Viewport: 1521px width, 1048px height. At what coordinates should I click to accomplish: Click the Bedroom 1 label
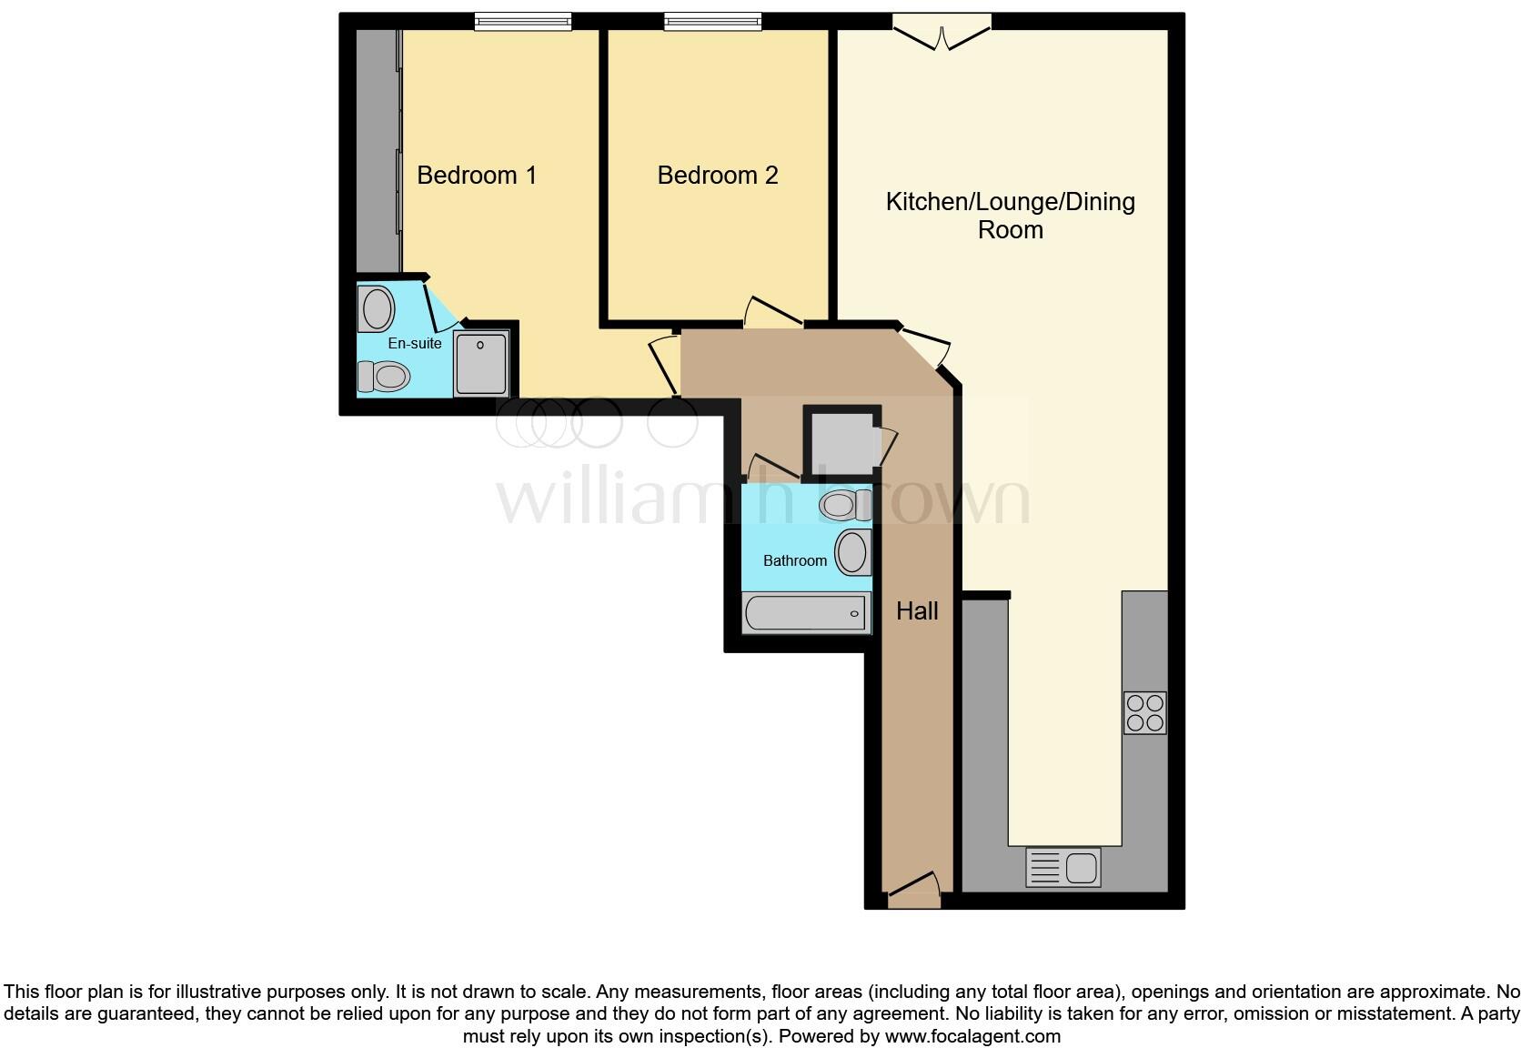point(477,175)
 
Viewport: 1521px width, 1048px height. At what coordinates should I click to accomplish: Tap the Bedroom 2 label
point(718,175)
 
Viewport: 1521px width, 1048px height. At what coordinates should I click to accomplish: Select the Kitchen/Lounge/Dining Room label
point(1010,215)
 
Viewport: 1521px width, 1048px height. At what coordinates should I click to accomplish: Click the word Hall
point(917,611)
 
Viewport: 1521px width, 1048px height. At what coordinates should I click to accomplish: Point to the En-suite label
point(415,343)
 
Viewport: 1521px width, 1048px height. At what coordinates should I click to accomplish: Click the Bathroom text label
point(794,560)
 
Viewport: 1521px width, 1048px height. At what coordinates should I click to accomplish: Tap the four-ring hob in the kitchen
point(1145,712)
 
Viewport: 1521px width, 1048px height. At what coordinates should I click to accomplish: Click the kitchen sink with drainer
point(1063,867)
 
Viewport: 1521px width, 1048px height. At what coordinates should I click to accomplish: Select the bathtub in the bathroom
point(806,613)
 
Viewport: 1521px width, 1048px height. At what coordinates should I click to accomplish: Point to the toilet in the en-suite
point(383,375)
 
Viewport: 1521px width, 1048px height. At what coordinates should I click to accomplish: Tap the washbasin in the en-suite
point(377,308)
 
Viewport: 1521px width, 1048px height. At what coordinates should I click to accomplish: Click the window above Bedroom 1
point(523,21)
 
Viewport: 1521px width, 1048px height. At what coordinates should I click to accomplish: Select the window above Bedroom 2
point(712,21)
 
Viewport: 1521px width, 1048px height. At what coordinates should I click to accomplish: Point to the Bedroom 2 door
point(772,313)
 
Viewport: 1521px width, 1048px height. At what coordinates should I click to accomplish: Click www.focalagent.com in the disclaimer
point(972,1036)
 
